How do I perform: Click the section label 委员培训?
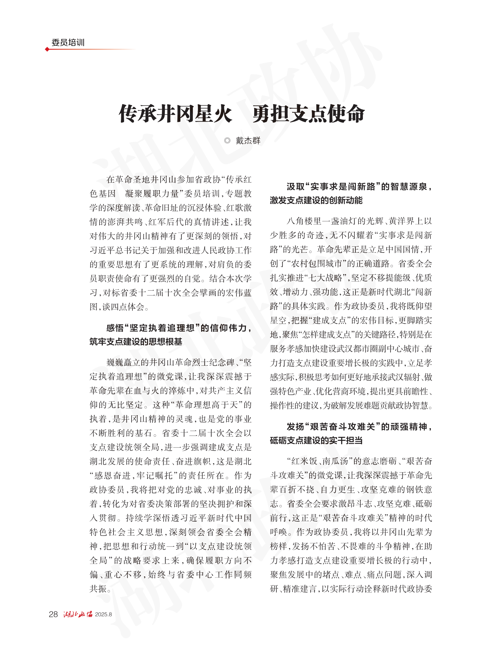pyautogui.click(x=68, y=43)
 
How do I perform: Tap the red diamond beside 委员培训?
pyautogui.click(x=47, y=49)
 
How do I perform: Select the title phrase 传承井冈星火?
pyautogui.click(x=175, y=114)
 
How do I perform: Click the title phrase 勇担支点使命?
pyautogui.click(x=308, y=114)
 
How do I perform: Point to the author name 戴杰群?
pyautogui.click(x=248, y=141)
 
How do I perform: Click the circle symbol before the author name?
pyautogui.click(x=227, y=141)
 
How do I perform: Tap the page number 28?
pyautogui.click(x=53, y=615)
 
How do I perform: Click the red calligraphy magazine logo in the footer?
pyautogui.click(x=78, y=615)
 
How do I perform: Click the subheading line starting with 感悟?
pyautogui.click(x=179, y=328)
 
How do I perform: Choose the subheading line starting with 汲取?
pyautogui.click(x=359, y=186)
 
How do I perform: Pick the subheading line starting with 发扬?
pyautogui.click(x=359, y=427)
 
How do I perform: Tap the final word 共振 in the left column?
pyautogui.click(x=98, y=589)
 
